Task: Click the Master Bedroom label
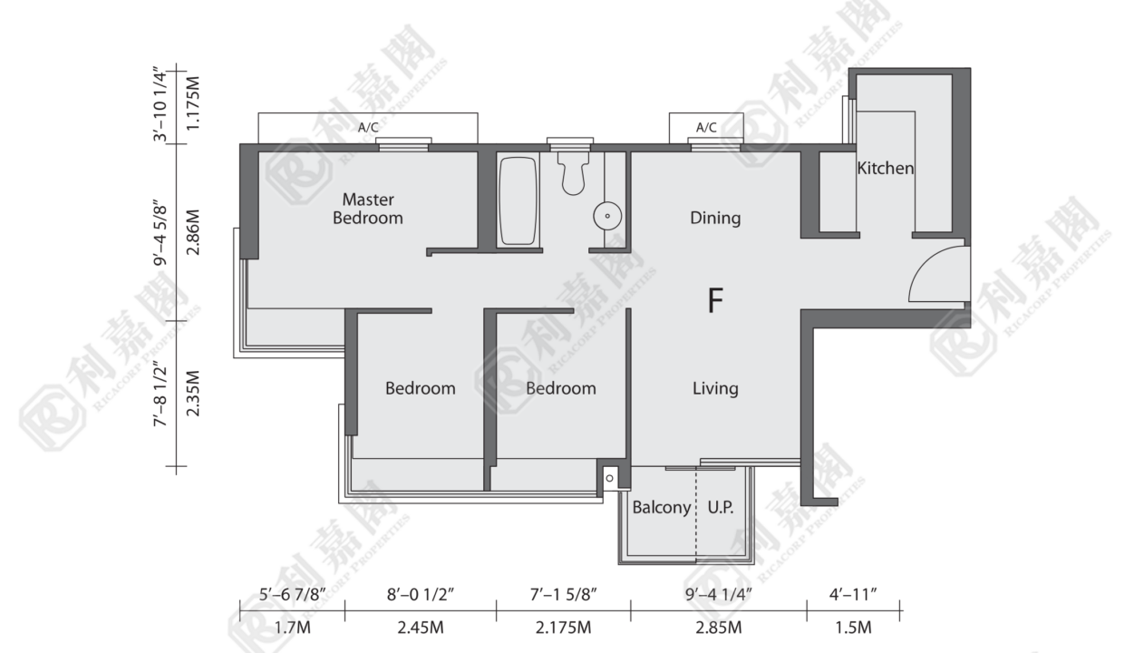(x=368, y=209)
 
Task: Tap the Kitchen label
(x=885, y=168)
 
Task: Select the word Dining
(x=715, y=218)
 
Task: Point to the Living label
(x=715, y=388)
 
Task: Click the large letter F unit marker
(x=715, y=300)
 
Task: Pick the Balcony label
(x=662, y=508)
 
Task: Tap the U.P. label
(x=721, y=508)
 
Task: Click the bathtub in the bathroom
(x=518, y=201)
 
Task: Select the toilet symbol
(x=573, y=173)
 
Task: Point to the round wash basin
(x=607, y=216)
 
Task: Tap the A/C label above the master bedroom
(x=368, y=128)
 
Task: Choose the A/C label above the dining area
(x=706, y=128)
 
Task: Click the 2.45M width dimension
(x=421, y=628)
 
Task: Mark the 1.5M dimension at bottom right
(x=853, y=628)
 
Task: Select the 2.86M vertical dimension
(x=193, y=232)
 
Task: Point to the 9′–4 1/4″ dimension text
(x=719, y=595)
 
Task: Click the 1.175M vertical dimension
(x=193, y=103)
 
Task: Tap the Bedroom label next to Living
(x=561, y=388)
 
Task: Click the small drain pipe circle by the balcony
(x=609, y=478)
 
